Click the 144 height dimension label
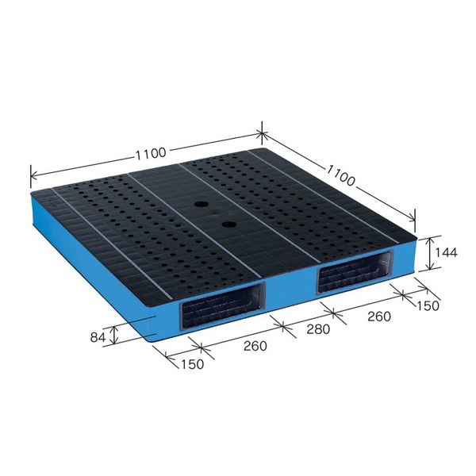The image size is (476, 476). click(x=447, y=253)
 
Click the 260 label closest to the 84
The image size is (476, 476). click(x=255, y=346)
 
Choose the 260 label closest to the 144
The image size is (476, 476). click(x=380, y=317)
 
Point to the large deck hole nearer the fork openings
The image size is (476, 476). click(x=229, y=226)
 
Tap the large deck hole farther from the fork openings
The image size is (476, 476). click(x=198, y=204)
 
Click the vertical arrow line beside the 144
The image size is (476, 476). click(x=429, y=253)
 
